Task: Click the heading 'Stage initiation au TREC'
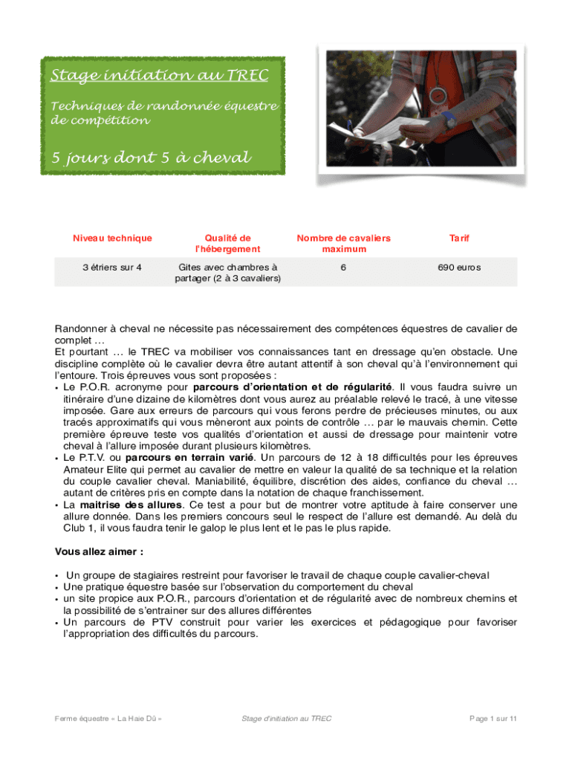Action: (159, 76)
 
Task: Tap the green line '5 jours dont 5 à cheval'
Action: (151, 158)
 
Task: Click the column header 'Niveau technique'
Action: (112, 239)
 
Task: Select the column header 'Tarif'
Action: (459, 239)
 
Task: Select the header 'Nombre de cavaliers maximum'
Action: (343, 244)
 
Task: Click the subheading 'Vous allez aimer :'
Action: (100, 552)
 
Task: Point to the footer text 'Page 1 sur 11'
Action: (493, 719)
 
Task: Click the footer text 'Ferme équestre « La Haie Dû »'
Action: (108, 719)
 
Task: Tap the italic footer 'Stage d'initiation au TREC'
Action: (287, 719)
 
